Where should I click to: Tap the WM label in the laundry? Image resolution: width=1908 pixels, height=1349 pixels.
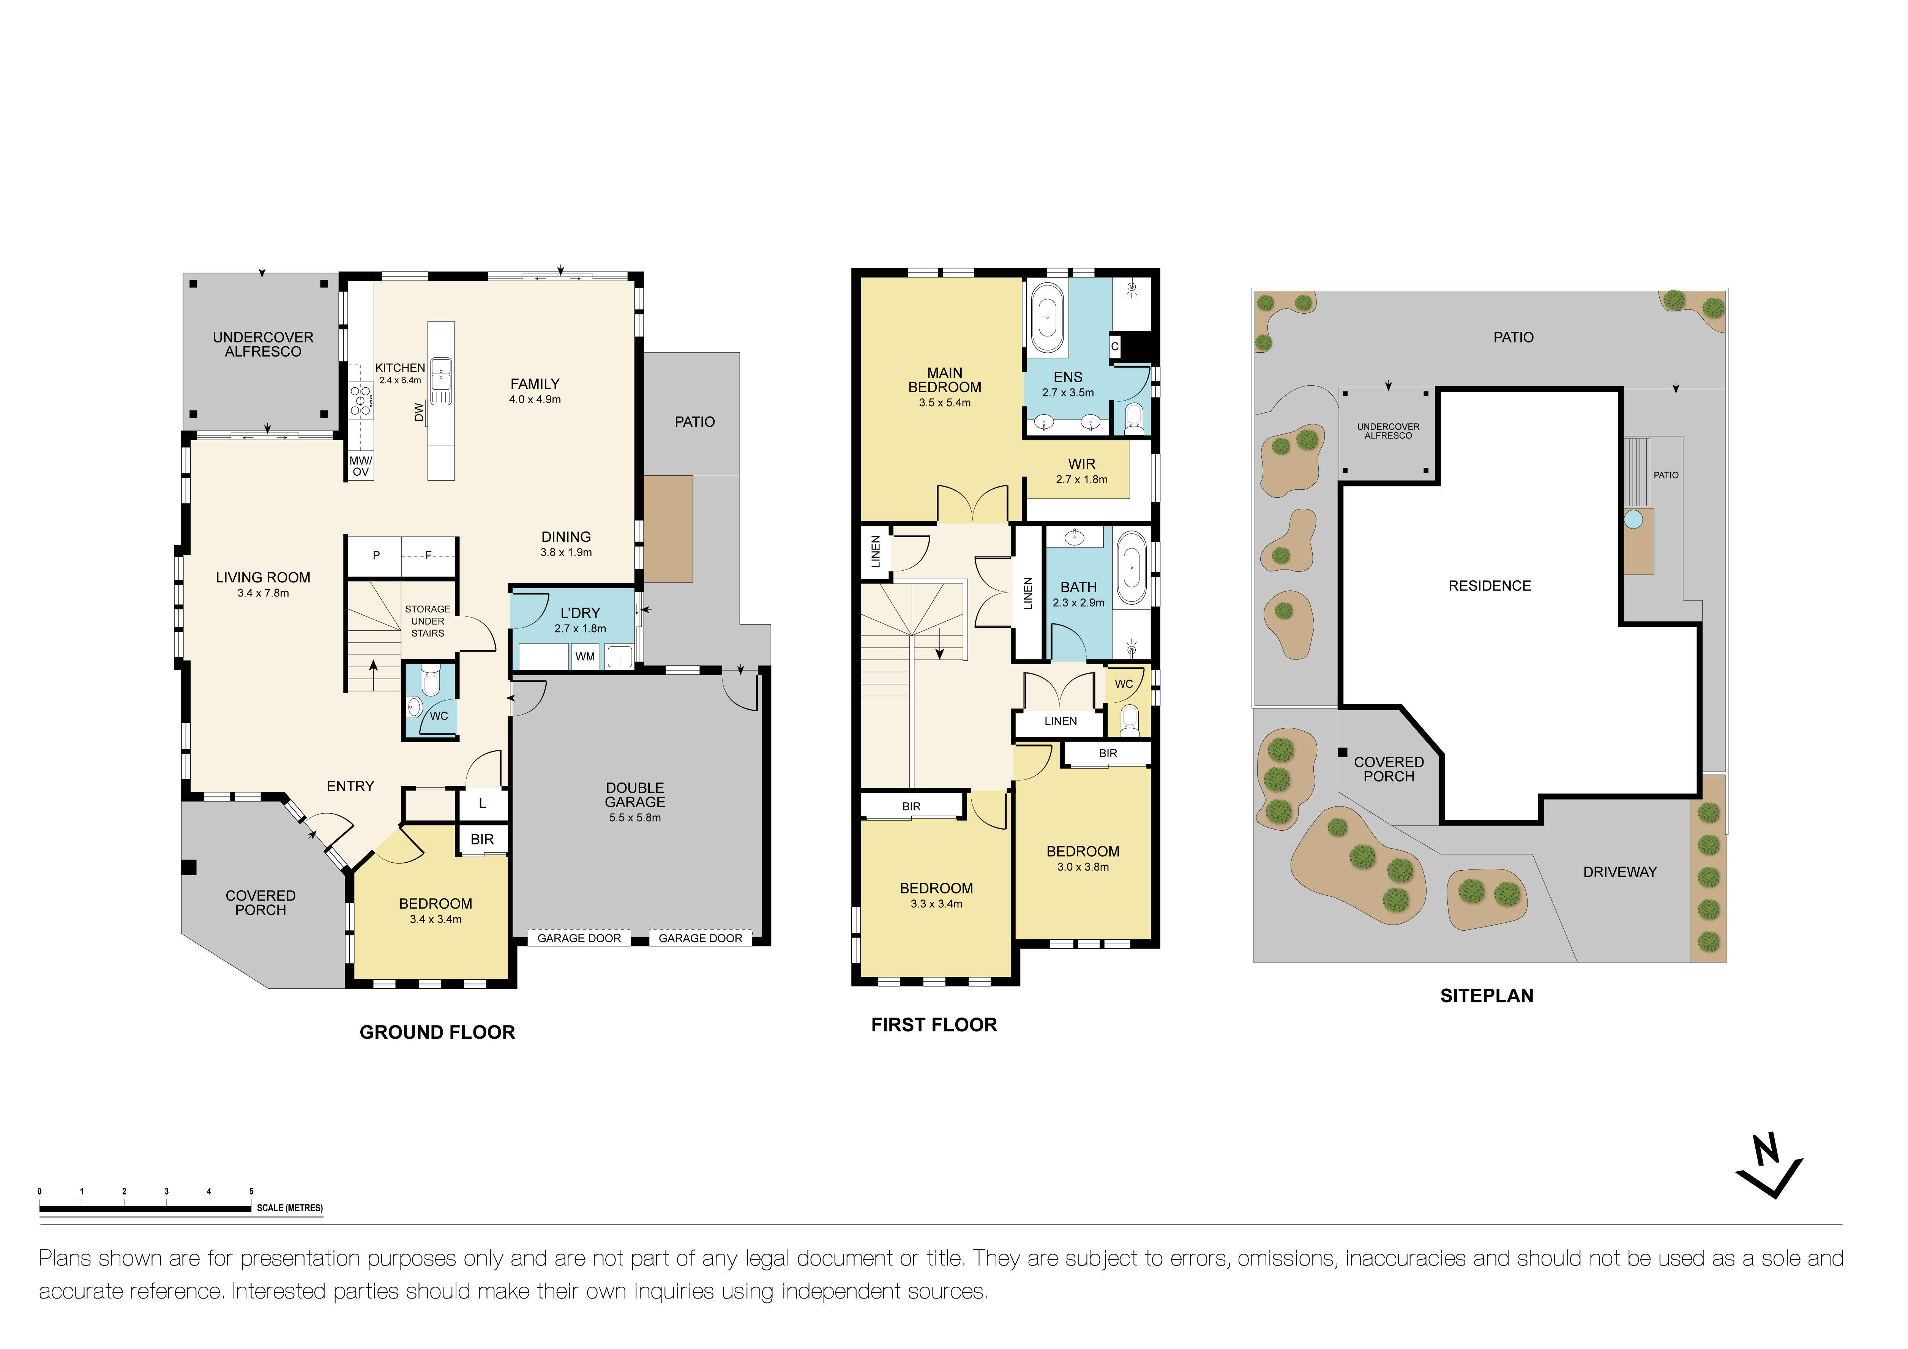click(x=585, y=656)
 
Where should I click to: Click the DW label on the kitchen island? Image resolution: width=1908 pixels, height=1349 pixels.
click(x=420, y=412)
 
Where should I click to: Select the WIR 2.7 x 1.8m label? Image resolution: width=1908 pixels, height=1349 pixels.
click(x=1081, y=470)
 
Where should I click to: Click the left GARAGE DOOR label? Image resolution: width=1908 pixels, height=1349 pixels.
click(x=579, y=939)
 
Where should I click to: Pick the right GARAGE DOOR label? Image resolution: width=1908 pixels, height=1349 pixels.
click(x=701, y=939)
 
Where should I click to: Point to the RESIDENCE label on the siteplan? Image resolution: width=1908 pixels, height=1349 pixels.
click(x=1489, y=586)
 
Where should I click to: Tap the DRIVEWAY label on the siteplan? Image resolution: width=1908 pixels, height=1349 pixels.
click(x=1620, y=872)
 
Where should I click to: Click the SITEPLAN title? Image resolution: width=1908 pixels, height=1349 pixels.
click(x=1487, y=996)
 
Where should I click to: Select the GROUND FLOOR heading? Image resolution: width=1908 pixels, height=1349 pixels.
click(x=437, y=1032)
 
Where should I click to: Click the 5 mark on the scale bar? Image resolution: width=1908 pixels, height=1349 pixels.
click(x=251, y=1191)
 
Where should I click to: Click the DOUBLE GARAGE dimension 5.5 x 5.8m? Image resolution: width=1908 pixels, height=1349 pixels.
click(x=635, y=818)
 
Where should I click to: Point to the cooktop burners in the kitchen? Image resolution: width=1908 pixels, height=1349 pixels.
click(x=361, y=400)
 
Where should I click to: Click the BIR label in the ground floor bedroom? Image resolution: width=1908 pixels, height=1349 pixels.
click(x=482, y=839)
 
